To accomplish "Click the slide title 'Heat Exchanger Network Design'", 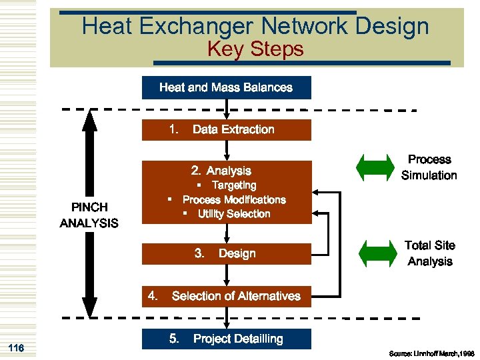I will pyautogui.click(x=255, y=27).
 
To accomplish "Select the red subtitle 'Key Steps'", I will pyautogui.click(x=255, y=49).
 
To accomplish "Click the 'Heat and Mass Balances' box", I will pyautogui.click(x=226, y=87).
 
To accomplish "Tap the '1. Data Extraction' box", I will pyautogui.click(x=226, y=129).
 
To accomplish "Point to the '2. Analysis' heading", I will pyautogui.click(x=221, y=171).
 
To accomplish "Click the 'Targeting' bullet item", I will pyautogui.click(x=233, y=185).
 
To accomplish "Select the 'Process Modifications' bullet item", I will pyautogui.click(x=233, y=199).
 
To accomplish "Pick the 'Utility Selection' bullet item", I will pyautogui.click(x=233, y=213).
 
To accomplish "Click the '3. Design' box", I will pyautogui.click(x=226, y=253).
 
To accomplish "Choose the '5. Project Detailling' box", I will pyautogui.click(x=226, y=339).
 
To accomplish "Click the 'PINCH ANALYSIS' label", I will pyautogui.click(x=89, y=215).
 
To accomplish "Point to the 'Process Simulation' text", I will pyautogui.click(x=429, y=167).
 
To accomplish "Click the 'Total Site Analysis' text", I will pyautogui.click(x=429, y=253).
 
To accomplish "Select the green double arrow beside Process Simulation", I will pyautogui.click(x=377, y=167).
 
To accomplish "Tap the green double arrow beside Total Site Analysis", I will pyautogui.click(x=377, y=253).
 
